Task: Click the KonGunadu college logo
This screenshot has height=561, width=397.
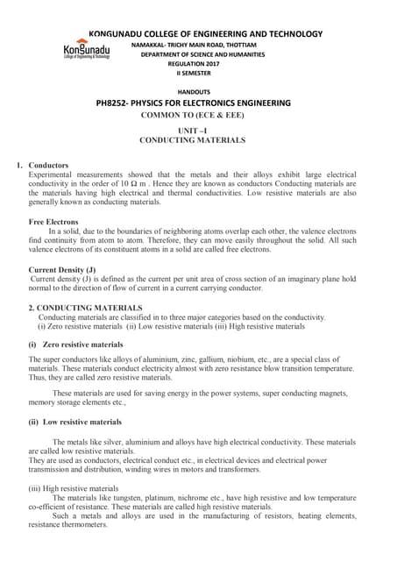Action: point(86,50)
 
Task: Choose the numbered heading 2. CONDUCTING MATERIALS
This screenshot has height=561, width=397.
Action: point(85,308)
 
